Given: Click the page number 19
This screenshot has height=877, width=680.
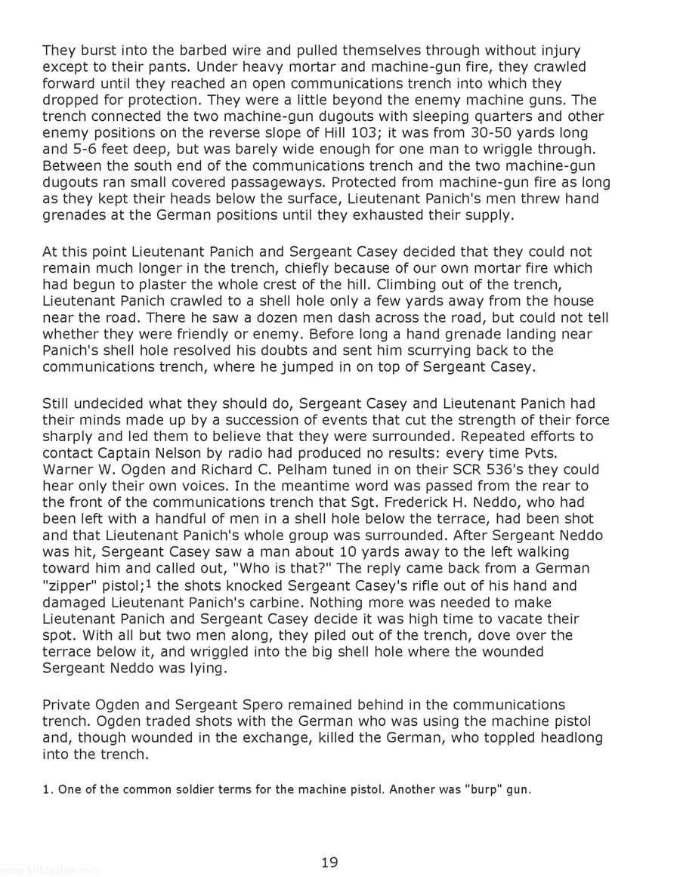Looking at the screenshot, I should pos(329,862).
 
